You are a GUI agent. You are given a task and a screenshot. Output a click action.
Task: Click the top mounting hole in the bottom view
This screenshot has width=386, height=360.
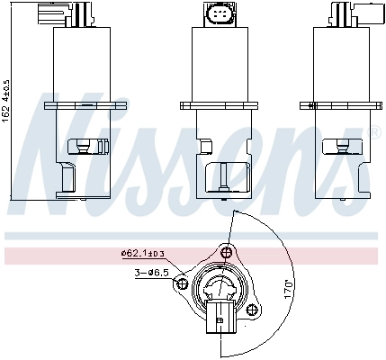pos(228,251)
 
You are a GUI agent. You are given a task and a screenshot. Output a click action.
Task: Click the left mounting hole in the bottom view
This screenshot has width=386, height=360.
pos(183,285)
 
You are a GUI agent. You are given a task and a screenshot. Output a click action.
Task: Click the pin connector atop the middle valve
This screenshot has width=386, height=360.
pos(219,15)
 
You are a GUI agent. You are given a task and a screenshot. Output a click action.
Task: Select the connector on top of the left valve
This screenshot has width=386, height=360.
pos(79,14)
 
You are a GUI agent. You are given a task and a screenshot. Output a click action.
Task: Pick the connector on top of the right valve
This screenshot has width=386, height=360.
pos(340,14)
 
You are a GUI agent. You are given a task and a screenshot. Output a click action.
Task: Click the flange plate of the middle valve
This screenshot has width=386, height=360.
pos(219,104)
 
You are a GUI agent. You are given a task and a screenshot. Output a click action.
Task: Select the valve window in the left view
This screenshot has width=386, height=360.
pos(83,143)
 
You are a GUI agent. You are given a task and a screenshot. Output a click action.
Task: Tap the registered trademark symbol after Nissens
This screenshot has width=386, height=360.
pos(375,134)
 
